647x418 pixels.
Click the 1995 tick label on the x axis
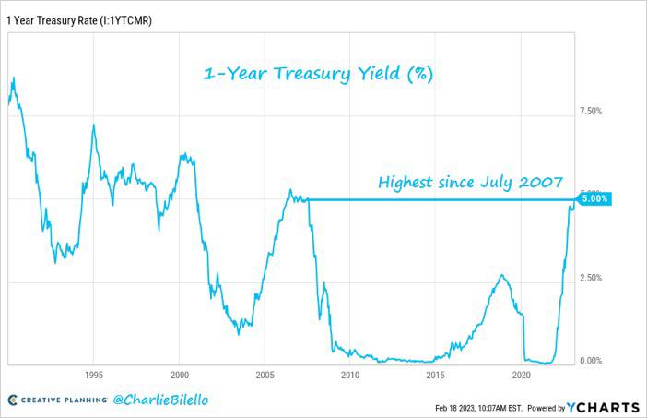pos(94,375)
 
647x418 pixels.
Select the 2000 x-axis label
pos(180,375)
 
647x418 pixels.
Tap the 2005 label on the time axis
pos(265,375)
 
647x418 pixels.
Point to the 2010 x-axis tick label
pos(350,375)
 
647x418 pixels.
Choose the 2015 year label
pos(436,375)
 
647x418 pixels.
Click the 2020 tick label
pos(521,375)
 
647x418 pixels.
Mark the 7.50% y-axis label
pos(591,111)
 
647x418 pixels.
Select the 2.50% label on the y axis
pos(591,278)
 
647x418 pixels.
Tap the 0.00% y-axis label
pos(591,361)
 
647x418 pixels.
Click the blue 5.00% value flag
pos(594,199)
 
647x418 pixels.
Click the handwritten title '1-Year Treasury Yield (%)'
pos(319,75)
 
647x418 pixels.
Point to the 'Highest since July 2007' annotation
pos(470,182)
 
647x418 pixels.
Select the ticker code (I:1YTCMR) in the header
pos(126,20)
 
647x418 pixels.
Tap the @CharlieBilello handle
pos(160,400)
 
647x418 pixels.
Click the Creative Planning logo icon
pos(13,400)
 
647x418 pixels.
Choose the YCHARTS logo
pos(604,408)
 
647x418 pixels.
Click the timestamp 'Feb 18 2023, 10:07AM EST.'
pos(478,408)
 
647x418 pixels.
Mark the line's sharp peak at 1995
pos(94,125)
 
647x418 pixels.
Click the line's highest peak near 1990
pos(14,78)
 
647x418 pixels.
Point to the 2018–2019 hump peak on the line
pos(501,275)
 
